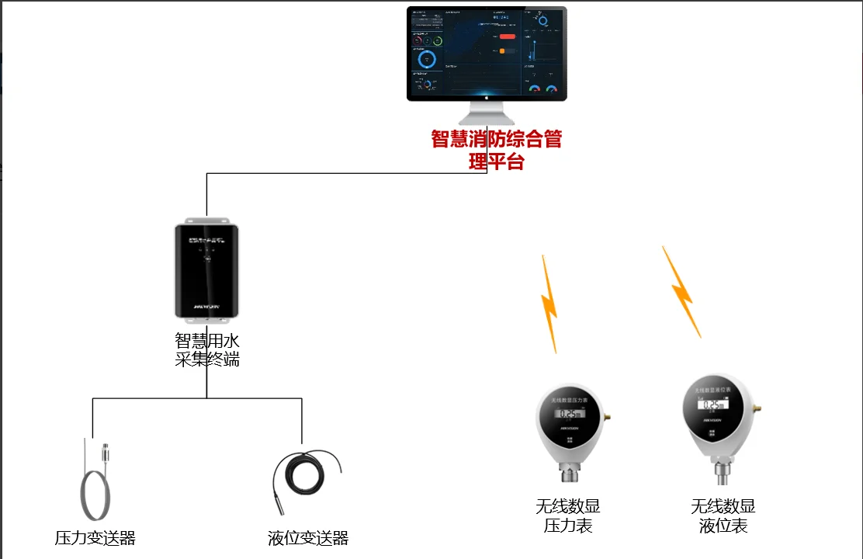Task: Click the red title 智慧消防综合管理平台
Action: coord(497,150)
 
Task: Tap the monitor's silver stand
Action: coord(487,114)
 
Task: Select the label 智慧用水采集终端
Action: coord(206,350)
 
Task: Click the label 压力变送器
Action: coord(95,538)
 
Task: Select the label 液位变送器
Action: coord(308,538)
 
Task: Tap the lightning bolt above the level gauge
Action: coord(681,292)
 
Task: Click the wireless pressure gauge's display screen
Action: coord(570,414)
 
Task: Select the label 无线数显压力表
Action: coord(568,516)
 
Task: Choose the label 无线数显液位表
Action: coord(723,516)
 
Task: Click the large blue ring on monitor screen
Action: coord(425,59)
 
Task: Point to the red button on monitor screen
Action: coord(508,36)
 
